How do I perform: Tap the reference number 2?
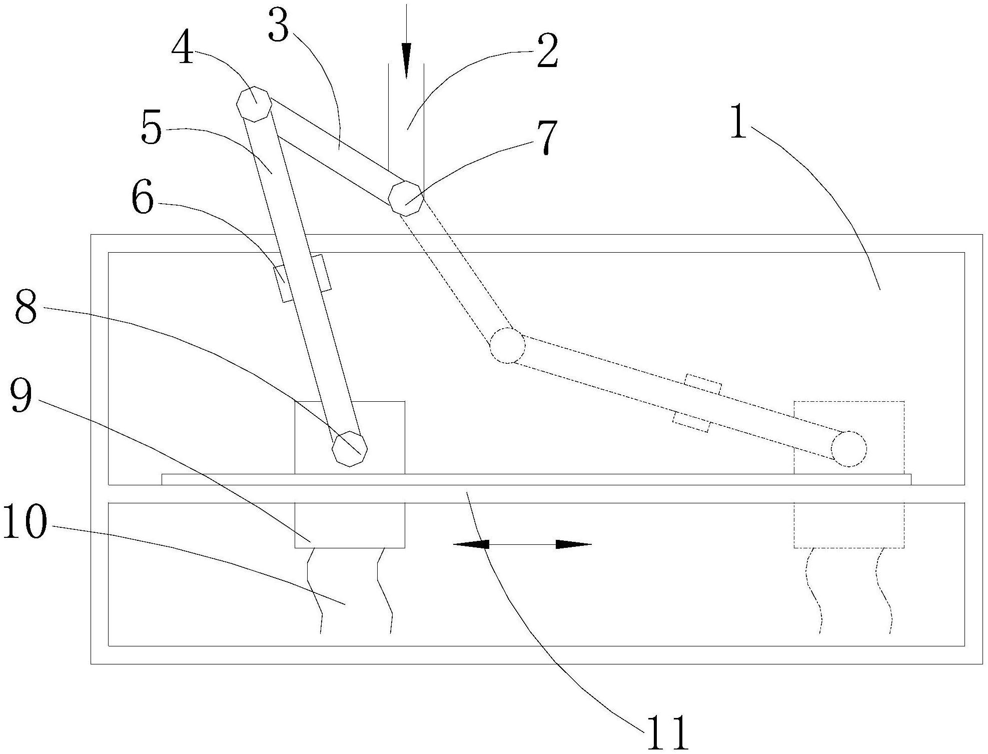point(547,52)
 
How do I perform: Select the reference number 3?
point(278,26)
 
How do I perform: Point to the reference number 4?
point(183,51)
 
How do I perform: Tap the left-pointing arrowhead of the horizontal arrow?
point(470,544)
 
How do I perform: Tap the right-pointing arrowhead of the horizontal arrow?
point(573,544)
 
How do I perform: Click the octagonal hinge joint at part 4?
point(254,104)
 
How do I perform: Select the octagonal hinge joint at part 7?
point(406,198)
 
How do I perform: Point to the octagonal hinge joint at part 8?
point(350,448)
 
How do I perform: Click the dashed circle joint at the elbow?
point(507,345)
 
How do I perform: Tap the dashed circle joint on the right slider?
point(848,449)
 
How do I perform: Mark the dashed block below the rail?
point(848,525)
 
